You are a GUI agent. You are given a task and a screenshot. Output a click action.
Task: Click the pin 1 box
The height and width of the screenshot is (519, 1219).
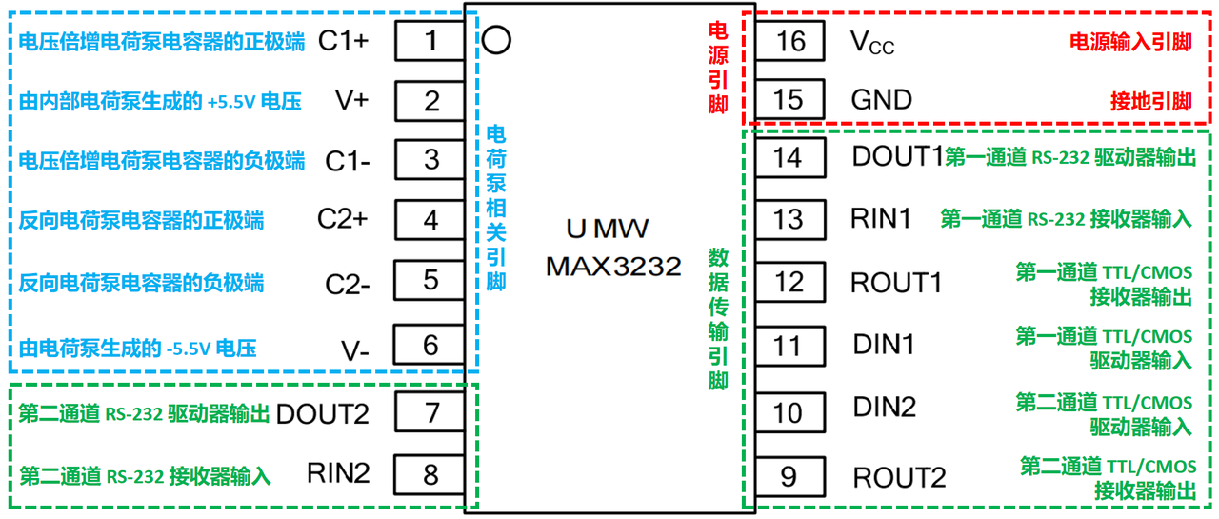click(x=430, y=41)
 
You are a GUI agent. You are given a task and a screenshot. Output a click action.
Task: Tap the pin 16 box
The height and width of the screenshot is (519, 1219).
click(x=790, y=41)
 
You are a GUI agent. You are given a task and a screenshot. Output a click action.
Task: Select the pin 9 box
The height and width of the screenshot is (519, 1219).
click(x=789, y=476)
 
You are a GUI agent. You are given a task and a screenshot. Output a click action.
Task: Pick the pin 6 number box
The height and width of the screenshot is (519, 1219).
click(x=430, y=345)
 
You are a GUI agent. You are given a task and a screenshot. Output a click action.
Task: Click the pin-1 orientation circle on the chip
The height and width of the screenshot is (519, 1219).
click(x=496, y=40)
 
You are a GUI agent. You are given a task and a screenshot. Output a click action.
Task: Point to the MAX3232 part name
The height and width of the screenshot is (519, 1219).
click(x=613, y=266)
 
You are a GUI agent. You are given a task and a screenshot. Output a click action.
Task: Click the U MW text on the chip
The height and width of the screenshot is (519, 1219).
click(x=608, y=229)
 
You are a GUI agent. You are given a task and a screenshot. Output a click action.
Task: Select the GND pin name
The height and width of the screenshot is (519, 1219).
click(x=882, y=100)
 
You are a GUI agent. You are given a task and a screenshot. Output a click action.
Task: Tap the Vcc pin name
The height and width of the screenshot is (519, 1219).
click(x=872, y=43)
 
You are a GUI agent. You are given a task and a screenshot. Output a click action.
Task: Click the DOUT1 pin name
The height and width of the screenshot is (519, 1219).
click(x=898, y=157)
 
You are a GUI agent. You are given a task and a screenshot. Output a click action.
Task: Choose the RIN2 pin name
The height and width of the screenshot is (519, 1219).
click(x=338, y=472)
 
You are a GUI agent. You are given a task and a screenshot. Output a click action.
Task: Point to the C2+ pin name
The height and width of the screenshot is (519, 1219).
click(x=343, y=219)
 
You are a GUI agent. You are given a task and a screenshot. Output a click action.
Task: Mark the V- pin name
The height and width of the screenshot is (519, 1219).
click(x=355, y=350)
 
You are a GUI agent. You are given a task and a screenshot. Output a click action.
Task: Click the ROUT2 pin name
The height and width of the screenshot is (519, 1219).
click(x=900, y=478)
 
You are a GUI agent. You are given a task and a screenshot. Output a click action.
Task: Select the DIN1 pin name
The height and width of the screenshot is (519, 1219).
click(x=884, y=345)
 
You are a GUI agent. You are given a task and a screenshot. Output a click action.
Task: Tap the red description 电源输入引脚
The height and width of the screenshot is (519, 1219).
click(x=1130, y=42)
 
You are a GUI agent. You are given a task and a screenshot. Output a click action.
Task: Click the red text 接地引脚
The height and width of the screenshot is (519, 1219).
click(x=1151, y=101)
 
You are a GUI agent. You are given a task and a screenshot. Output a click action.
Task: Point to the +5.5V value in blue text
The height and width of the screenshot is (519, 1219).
click(x=231, y=102)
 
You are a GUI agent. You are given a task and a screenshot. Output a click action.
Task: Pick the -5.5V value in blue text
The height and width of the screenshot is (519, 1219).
click(x=189, y=349)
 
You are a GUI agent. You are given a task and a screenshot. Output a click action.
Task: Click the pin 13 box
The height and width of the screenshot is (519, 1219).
click(x=790, y=219)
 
